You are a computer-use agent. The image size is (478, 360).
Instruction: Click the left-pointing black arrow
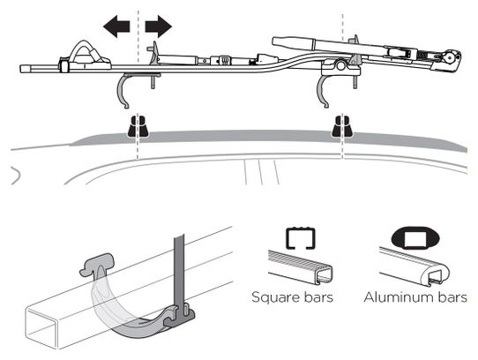pos(116,26)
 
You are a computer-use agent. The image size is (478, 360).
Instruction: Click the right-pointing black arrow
pos(159,26)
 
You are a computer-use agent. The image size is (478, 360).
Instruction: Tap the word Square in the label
pos(274,297)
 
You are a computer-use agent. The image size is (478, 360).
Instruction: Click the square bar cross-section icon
pos(300,237)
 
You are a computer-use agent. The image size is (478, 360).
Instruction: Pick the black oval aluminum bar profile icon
pos(415,237)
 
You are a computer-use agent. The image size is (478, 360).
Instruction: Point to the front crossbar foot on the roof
pos(138,125)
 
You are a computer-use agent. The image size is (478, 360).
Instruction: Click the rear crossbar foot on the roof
pos(342,125)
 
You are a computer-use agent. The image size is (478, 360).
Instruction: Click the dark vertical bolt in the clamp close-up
pos(179,274)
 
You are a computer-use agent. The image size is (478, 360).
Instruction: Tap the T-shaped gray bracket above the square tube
pos(97,263)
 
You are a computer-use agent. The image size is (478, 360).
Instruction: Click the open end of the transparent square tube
pos(41,328)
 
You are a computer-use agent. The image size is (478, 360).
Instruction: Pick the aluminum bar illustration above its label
pos(415,267)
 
